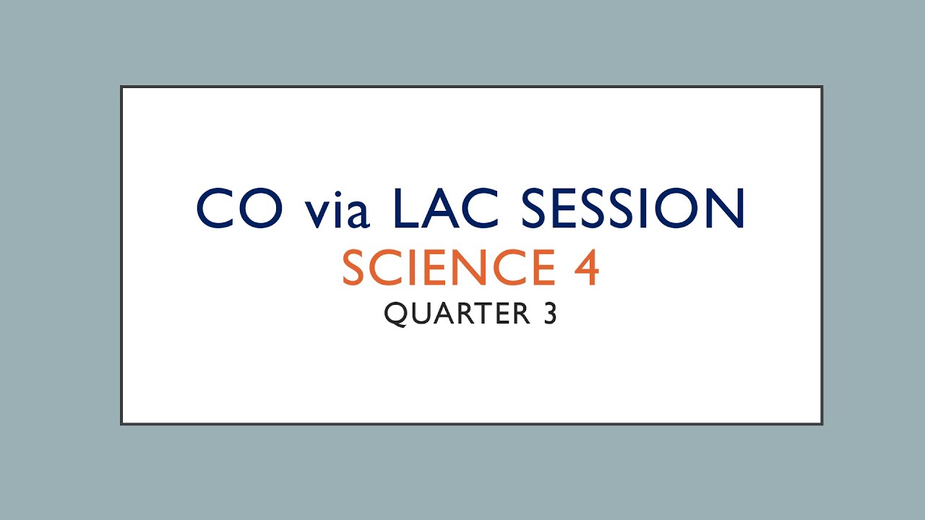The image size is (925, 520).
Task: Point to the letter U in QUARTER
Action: pos(421,314)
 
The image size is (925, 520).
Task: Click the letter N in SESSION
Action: pos(723,209)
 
